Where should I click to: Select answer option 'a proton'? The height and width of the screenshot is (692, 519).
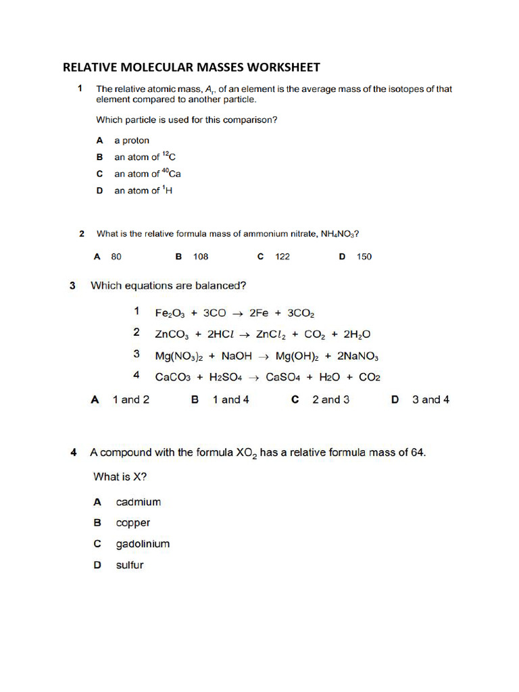point(132,141)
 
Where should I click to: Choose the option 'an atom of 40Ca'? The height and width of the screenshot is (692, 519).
point(147,174)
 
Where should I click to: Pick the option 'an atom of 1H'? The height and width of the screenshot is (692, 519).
point(143,191)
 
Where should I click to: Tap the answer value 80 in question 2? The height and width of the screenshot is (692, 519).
point(116,257)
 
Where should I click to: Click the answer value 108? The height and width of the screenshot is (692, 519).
point(201,257)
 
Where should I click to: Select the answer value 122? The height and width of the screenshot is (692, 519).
point(282,257)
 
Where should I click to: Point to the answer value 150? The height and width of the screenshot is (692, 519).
point(364,257)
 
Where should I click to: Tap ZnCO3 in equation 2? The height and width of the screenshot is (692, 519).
point(173,334)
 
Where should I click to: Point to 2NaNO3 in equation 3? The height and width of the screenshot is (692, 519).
point(360,355)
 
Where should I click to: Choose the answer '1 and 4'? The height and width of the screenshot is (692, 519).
point(230,399)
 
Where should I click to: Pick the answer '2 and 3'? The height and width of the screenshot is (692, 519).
point(330,399)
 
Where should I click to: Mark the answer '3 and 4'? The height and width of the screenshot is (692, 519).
point(430,399)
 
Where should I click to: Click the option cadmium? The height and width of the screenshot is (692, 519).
point(139,502)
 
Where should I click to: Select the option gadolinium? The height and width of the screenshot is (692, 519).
point(143,544)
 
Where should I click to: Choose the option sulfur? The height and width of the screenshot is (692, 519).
point(130,565)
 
